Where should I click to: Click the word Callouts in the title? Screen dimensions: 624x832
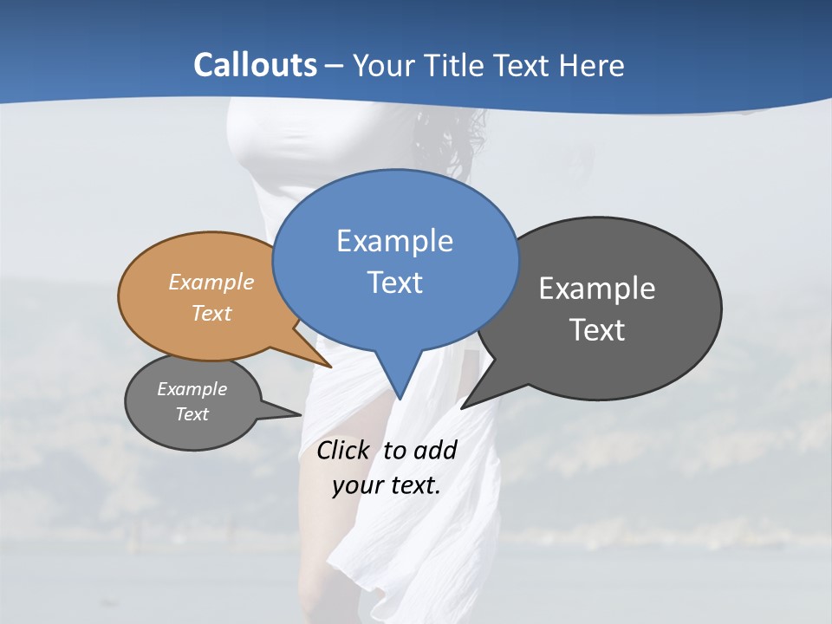[x=255, y=65]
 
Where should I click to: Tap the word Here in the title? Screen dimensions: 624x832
[x=592, y=65]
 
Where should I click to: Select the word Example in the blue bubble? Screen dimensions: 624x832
[x=394, y=241]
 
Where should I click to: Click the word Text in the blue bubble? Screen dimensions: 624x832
[x=394, y=282]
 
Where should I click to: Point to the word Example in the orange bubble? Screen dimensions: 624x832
[x=211, y=282]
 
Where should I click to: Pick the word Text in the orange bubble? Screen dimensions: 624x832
[x=211, y=313]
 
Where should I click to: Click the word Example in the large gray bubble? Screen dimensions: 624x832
[x=597, y=289]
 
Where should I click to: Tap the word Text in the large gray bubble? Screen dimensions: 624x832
[x=597, y=329]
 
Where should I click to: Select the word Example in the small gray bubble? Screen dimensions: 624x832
[x=192, y=389]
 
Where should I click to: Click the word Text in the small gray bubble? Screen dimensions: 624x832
[x=192, y=414]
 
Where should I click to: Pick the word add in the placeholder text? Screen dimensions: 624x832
[x=435, y=450]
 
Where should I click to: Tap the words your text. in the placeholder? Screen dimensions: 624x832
[x=387, y=485]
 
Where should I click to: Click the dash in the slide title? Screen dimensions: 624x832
[x=335, y=66]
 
